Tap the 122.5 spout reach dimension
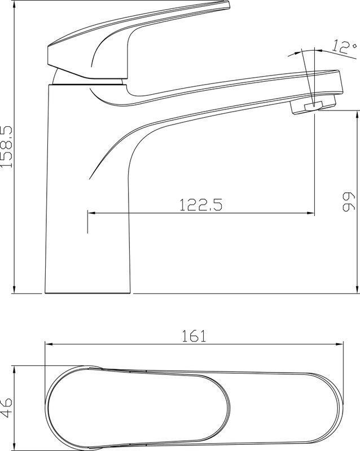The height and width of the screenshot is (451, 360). point(201,205)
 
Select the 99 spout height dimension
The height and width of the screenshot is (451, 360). point(349,201)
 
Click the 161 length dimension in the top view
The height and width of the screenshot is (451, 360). point(194,336)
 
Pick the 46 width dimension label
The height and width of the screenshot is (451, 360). point(6,408)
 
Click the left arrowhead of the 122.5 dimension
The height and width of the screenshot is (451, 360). point(91,213)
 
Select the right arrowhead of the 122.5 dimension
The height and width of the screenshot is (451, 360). point(310,213)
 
